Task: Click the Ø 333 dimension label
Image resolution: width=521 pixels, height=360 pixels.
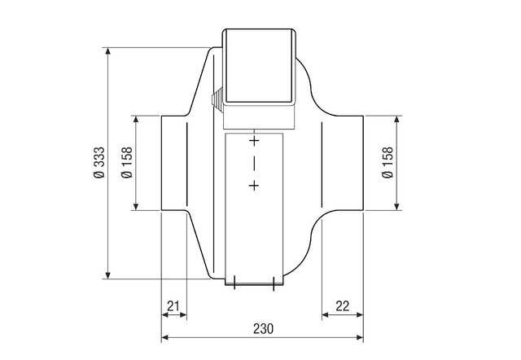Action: coord(99,162)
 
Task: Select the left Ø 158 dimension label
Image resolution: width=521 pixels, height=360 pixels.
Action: coord(127,162)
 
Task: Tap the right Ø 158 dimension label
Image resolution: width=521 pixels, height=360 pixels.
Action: coord(387,162)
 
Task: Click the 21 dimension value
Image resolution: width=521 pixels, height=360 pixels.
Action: coord(173,305)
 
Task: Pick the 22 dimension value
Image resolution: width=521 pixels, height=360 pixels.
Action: coord(343,305)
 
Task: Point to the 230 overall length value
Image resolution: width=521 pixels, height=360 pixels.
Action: coord(264,328)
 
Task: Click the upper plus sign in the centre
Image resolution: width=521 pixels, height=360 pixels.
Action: coord(254,141)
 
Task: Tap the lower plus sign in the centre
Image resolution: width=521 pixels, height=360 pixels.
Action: coord(254,186)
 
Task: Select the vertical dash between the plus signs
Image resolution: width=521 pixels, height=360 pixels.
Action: coord(254,163)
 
